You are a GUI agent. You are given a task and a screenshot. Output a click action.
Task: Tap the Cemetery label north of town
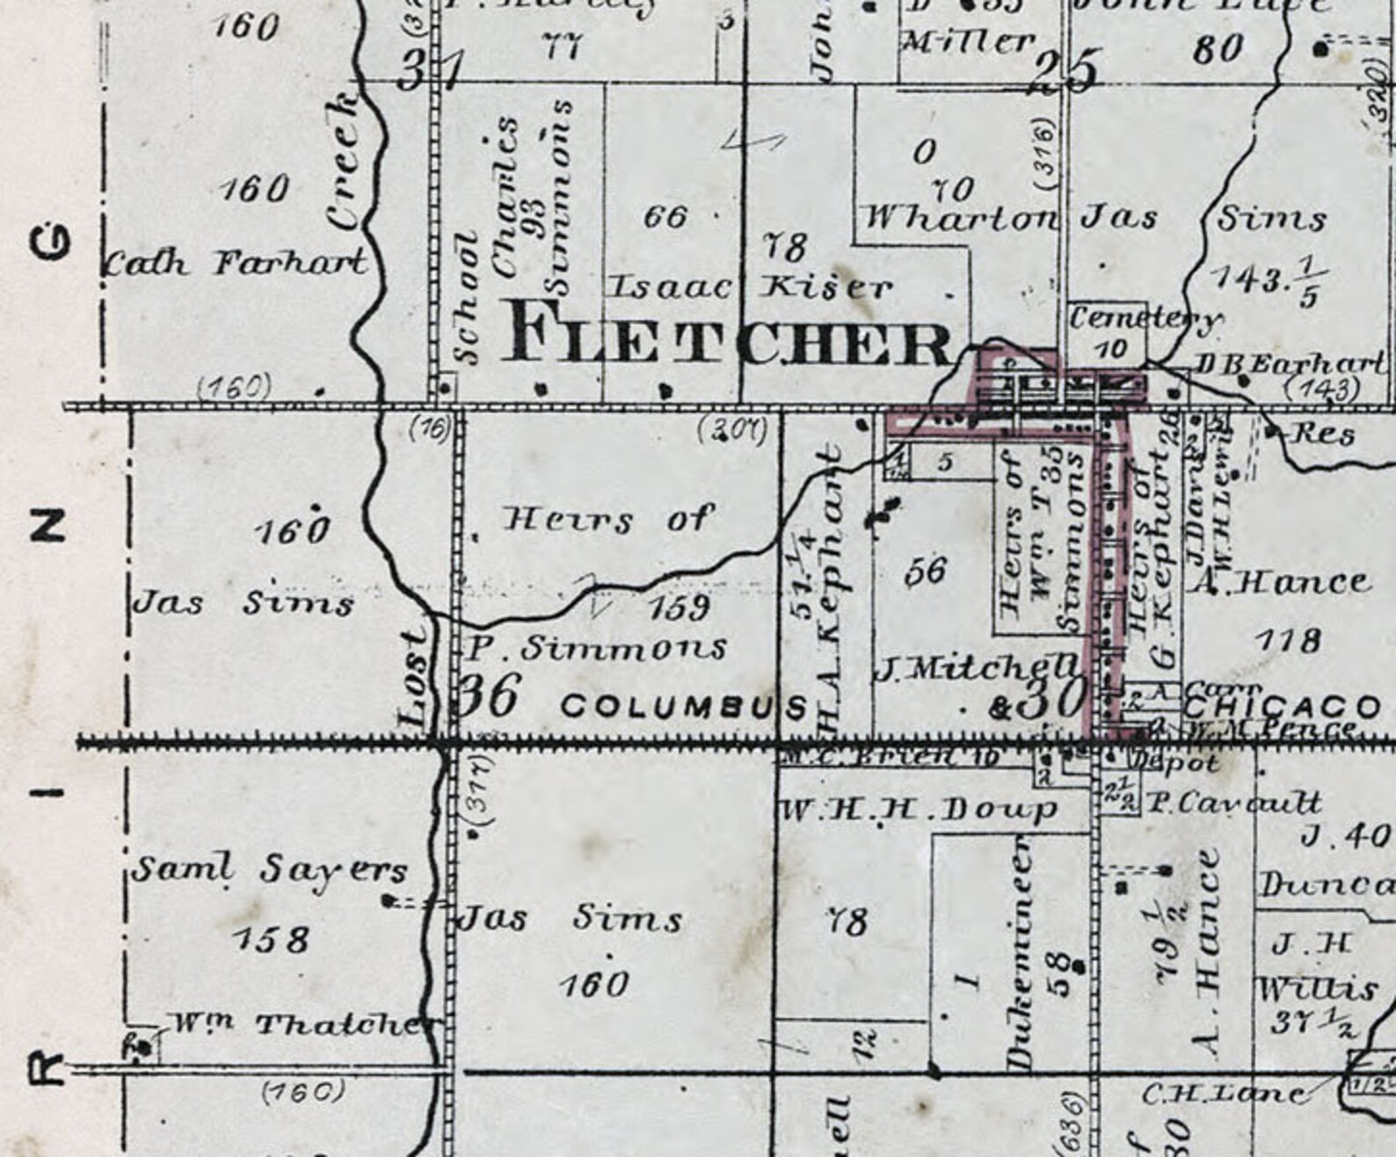(1143, 317)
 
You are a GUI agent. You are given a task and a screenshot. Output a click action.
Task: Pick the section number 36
(489, 696)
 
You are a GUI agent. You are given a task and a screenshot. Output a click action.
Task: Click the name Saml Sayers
(269, 870)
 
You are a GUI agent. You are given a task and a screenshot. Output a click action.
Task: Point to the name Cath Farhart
(236, 261)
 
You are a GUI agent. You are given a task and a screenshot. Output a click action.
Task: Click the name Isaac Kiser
(750, 286)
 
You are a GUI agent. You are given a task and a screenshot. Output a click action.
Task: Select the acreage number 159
(679, 607)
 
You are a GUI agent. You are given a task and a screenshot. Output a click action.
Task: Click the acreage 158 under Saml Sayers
(271, 940)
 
